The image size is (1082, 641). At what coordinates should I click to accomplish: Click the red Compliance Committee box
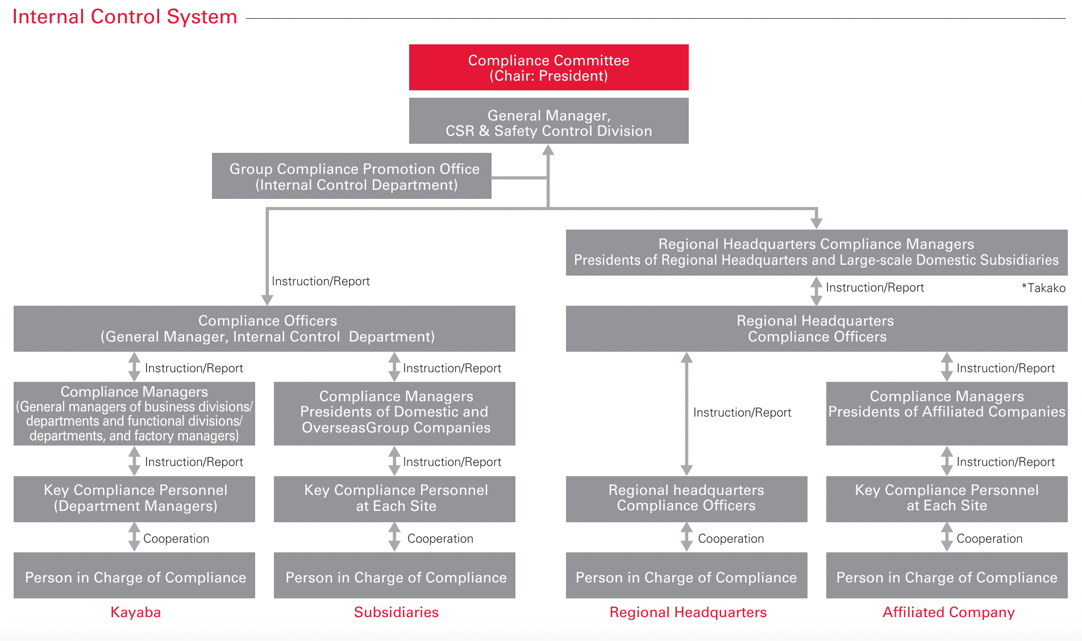point(548,68)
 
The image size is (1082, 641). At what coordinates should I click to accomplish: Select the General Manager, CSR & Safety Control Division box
point(548,121)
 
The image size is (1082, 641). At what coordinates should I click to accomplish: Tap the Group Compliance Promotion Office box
point(351,176)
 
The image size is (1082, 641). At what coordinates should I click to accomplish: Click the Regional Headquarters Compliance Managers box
point(816,252)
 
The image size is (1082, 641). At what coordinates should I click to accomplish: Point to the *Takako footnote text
point(1043,288)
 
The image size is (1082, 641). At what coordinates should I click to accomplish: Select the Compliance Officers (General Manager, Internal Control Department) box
point(264,328)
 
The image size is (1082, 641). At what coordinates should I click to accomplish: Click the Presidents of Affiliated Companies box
point(947,413)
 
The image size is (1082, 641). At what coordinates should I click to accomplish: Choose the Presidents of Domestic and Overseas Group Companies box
point(394,413)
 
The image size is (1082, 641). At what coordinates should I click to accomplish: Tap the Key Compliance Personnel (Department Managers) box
point(134,498)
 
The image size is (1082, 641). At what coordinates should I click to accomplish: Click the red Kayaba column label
point(135,612)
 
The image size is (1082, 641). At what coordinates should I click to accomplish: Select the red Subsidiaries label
point(396,612)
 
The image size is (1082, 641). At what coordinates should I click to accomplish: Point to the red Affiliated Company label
point(948,612)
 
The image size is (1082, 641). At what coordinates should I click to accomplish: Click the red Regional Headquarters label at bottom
point(688,612)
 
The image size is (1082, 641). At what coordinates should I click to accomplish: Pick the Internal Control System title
point(124,16)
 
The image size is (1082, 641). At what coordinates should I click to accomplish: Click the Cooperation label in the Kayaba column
point(176,538)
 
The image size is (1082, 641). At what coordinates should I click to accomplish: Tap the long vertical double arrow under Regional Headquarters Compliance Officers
point(686,414)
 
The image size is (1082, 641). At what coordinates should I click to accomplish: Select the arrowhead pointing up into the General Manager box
point(548,150)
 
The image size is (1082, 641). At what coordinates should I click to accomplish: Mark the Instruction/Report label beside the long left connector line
point(321,281)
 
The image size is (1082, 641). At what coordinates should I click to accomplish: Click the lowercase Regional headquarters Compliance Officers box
point(686,498)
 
